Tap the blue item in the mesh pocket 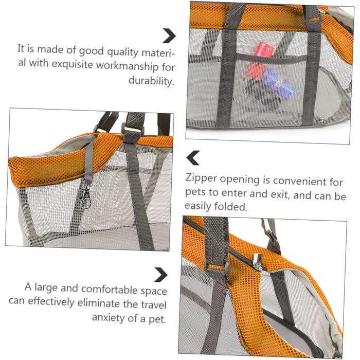[x=278, y=83]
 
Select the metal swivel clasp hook [x=86, y=197]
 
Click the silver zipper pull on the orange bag [x=258, y=262]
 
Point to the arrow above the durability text [x=169, y=36]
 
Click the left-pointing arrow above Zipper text [x=193, y=158]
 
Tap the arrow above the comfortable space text [x=161, y=275]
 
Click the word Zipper [x=201, y=178]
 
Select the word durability [x=151, y=81]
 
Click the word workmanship [x=128, y=66]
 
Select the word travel [x=154, y=304]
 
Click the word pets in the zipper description [x=195, y=192]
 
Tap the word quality [x=122, y=52]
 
